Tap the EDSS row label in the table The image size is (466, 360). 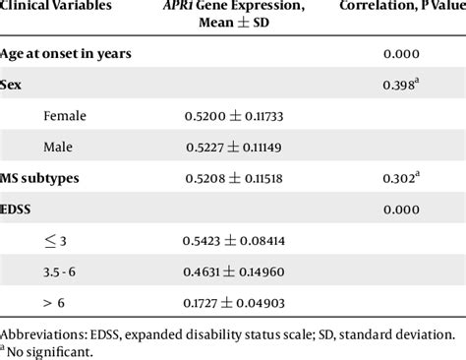point(24,209)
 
